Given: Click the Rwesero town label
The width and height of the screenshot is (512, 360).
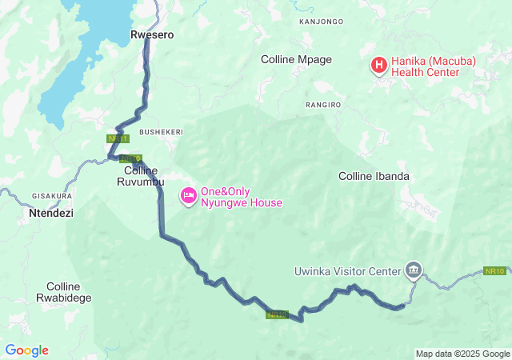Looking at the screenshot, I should [152, 35].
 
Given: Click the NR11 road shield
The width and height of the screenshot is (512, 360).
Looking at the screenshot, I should [118, 138].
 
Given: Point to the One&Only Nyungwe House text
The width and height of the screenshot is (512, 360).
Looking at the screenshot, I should [241, 197].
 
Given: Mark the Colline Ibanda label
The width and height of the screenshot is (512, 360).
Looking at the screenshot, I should [374, 176].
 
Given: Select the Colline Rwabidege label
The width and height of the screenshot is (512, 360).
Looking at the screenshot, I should [69, 292].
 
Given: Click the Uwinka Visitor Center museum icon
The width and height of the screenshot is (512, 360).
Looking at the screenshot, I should [413, 270].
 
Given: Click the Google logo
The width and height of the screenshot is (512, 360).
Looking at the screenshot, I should [26, 350].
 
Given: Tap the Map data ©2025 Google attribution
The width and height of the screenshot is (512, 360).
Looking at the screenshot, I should [462, 354].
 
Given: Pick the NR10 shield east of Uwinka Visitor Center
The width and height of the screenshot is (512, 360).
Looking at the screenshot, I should [495, 271].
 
